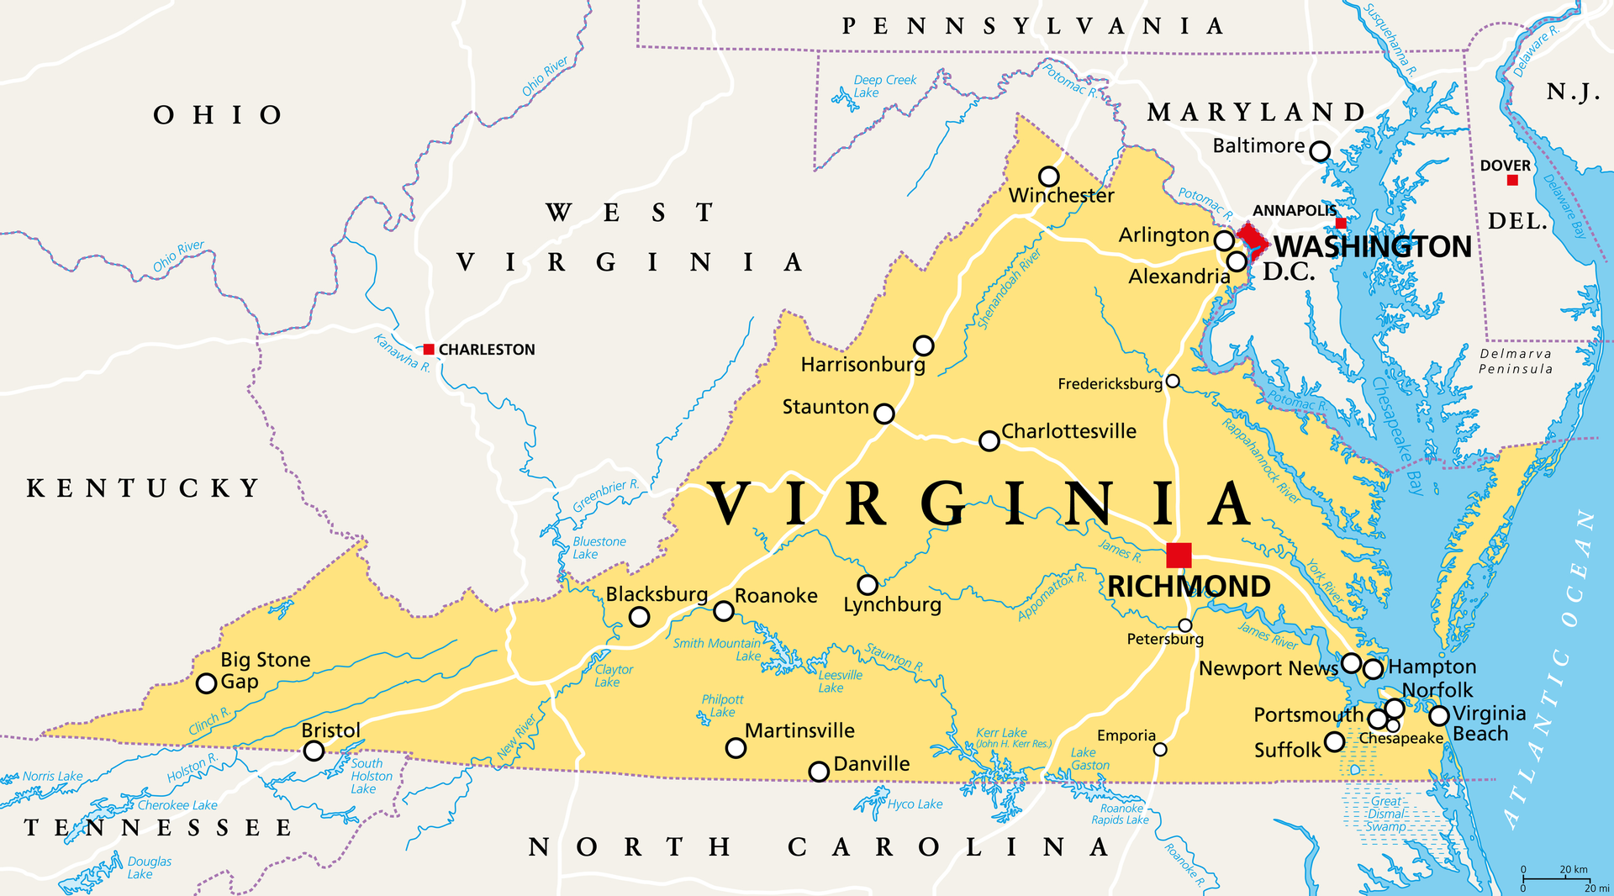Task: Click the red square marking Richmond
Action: point(1179,556)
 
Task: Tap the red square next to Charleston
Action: point(429,349)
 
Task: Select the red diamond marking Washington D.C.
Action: point(1252,239)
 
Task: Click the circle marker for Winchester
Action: point(1048,177)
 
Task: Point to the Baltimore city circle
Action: point(1321,151)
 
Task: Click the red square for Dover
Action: point(1512,180)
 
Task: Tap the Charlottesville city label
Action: point(1068,431)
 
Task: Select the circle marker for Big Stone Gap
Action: point(206,683)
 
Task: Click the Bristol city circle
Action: point(314,751)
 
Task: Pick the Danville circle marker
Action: point(819,772)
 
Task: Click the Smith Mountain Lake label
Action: point(717,649)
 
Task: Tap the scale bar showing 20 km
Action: point(1554,878)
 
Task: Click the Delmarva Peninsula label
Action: point(1516,361)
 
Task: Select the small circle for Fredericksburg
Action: point(1173,382)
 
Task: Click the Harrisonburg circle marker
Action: point(924,345)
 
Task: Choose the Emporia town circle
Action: point(1160,749)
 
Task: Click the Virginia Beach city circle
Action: point(1439,715)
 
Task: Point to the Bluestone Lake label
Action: point(599,547)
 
